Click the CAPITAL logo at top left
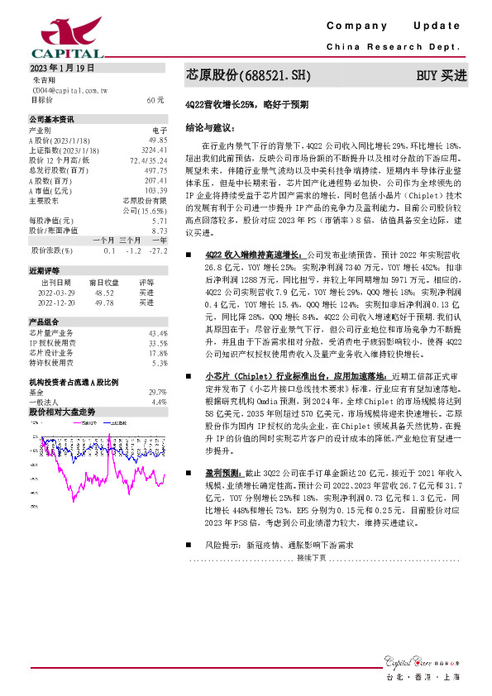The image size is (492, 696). click(x=55, y=38)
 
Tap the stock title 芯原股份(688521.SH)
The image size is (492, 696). click(x=247, y=75)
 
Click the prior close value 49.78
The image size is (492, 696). click(x=104, y=303)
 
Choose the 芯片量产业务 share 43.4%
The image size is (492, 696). click(x=158, y=333)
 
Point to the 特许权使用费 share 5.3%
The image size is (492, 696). click(x=160, y=363)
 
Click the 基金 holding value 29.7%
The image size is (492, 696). click(x=157, y=393)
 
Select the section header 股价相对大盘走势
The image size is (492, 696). click(x=62, y=411)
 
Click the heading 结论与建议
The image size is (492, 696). click(x=210, y=128)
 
